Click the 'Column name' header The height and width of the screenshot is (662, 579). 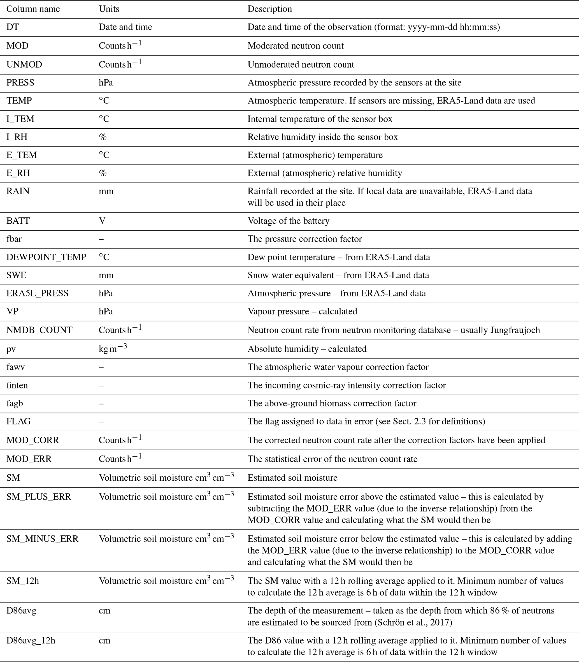(x=33, y=9)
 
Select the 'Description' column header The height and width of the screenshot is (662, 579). (x=269, y=9)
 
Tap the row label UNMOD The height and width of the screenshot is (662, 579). (x=24, y=64)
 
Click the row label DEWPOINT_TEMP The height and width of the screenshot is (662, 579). (x=46, y=257)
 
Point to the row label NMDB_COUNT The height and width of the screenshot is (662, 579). (x=39, y=330)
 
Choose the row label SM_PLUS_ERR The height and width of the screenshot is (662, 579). (x=39, y=497)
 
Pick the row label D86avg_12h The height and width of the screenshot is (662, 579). (x=31, y=640)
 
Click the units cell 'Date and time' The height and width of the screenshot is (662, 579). (x=125, y=27)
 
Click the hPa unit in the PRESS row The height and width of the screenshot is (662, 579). (x=106, y=82)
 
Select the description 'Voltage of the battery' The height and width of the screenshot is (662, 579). (x=288, y=221)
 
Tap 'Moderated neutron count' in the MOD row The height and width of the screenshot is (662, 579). (x=295, y=46)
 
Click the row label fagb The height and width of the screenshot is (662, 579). (x=15, y=403)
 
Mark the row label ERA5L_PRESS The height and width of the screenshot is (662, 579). (x=38, y=293)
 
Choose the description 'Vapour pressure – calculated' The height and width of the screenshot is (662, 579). (x=302, y=311)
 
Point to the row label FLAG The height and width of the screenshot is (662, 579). (x=18, y=421)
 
